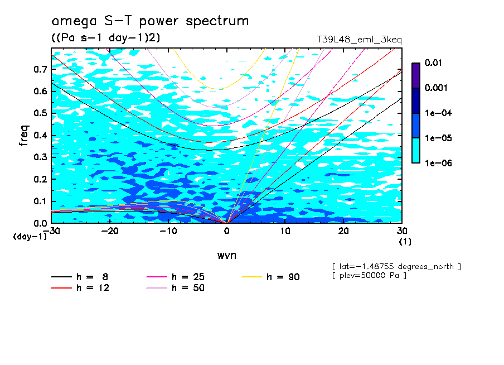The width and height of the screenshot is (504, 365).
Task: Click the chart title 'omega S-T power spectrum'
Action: pyautogui.click(x=149, y=21)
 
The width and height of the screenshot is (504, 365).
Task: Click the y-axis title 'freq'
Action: pyautogui.click(x=24, y=136)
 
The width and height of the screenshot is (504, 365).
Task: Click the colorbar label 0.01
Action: pyautogui.click(x=434, y=63)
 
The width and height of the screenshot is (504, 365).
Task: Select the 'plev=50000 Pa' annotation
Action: pyautogui.click(x=369, y=276)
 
